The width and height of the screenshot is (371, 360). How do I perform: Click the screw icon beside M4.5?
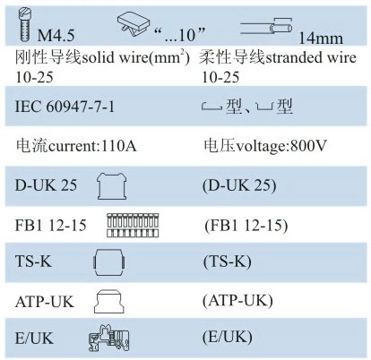(x=25, y=25)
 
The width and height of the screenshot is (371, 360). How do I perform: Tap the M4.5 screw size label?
(x=56, y=36)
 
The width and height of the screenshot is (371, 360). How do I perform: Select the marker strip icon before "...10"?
(x=134, y=23)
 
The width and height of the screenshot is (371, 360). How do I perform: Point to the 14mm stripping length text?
(x=321, y=39)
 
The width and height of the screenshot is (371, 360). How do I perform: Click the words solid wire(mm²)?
(x=136, y=57)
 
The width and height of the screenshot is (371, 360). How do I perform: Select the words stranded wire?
(x=311, y=57)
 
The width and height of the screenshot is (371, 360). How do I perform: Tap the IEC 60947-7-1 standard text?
(x=65, y=107)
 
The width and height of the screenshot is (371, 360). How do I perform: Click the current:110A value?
(x=92, y=146)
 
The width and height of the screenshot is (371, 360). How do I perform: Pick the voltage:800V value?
(x=281, y=146)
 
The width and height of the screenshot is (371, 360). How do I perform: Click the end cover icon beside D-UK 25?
(x=112, y=186)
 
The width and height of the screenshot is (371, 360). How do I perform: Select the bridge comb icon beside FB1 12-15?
(x=133, y=226)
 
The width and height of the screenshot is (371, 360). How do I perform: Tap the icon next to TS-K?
(x=109, y=262)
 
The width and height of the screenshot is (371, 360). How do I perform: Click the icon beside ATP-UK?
(x=109, y=302)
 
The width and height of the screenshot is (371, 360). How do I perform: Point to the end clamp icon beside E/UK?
(x=109, y=339)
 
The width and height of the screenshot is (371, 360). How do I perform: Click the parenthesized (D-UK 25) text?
(x=239, y=185)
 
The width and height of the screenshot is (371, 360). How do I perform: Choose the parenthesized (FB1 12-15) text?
(x=246, y=226)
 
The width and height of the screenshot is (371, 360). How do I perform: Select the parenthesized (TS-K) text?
(x=228, y=261)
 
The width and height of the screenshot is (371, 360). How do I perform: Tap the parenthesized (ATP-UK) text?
(x=237, y=301)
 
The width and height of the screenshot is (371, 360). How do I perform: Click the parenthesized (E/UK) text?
(x=228, y=338)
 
